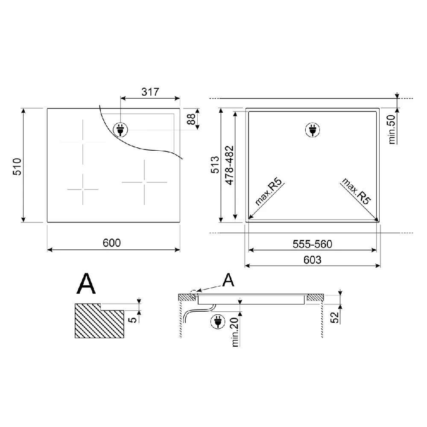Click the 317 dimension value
click(x=150, y=92)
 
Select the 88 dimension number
click(x=191, y=119)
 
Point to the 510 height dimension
click(x=17, y=167)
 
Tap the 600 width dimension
click(x=111, y=243)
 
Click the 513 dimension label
click(x=215, y=164)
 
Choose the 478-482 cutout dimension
click(x=230, y=165)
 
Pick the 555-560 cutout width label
click(x=313, y=244)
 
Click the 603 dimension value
click(x=313, y=260)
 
